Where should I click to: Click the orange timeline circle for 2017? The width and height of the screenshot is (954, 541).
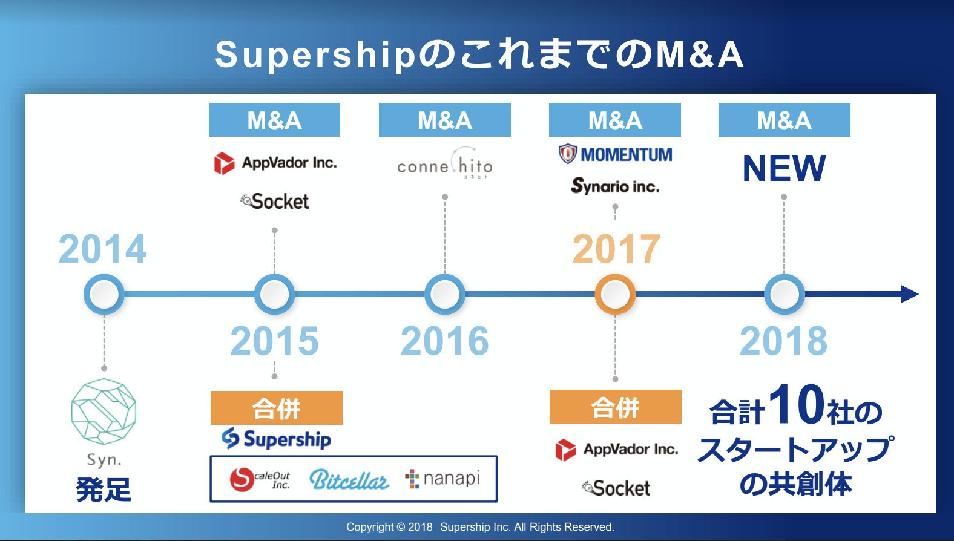[x=615, y=294]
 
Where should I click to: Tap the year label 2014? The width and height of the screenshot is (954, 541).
[x=103, y=249]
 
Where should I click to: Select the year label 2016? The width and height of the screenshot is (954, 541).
[x=445, y=341]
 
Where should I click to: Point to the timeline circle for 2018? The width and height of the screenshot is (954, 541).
[x=785, y=294]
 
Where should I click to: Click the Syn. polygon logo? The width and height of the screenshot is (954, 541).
[x=104, y=411]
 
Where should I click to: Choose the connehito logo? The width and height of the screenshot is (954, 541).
[x=445, y=163]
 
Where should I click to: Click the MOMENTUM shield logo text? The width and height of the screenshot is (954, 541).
[x=615, y=154]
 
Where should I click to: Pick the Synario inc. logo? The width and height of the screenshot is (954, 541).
[x=615, y=186]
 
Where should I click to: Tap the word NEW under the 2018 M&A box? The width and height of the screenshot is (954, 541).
[x=784, y=168]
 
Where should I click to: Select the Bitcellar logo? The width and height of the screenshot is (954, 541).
[x=349, y=480]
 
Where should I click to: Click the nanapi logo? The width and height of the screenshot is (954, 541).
[x=442, y=479]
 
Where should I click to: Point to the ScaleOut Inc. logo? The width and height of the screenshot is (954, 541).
[x=260, y=479]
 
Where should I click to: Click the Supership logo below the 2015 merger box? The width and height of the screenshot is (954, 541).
[x=276, y=439]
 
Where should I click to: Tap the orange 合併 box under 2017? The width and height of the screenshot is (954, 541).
[x=616, y=407]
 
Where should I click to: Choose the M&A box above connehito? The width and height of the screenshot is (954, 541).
[x=445, y=120]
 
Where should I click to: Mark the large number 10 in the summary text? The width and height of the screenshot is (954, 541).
[x=796, y=404]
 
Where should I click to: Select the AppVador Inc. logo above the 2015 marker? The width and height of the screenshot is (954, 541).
[x=275, y=163]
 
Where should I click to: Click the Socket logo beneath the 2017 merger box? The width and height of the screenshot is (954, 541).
[x=616, y=488]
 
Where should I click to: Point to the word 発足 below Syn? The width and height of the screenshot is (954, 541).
[x=104, y=490]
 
